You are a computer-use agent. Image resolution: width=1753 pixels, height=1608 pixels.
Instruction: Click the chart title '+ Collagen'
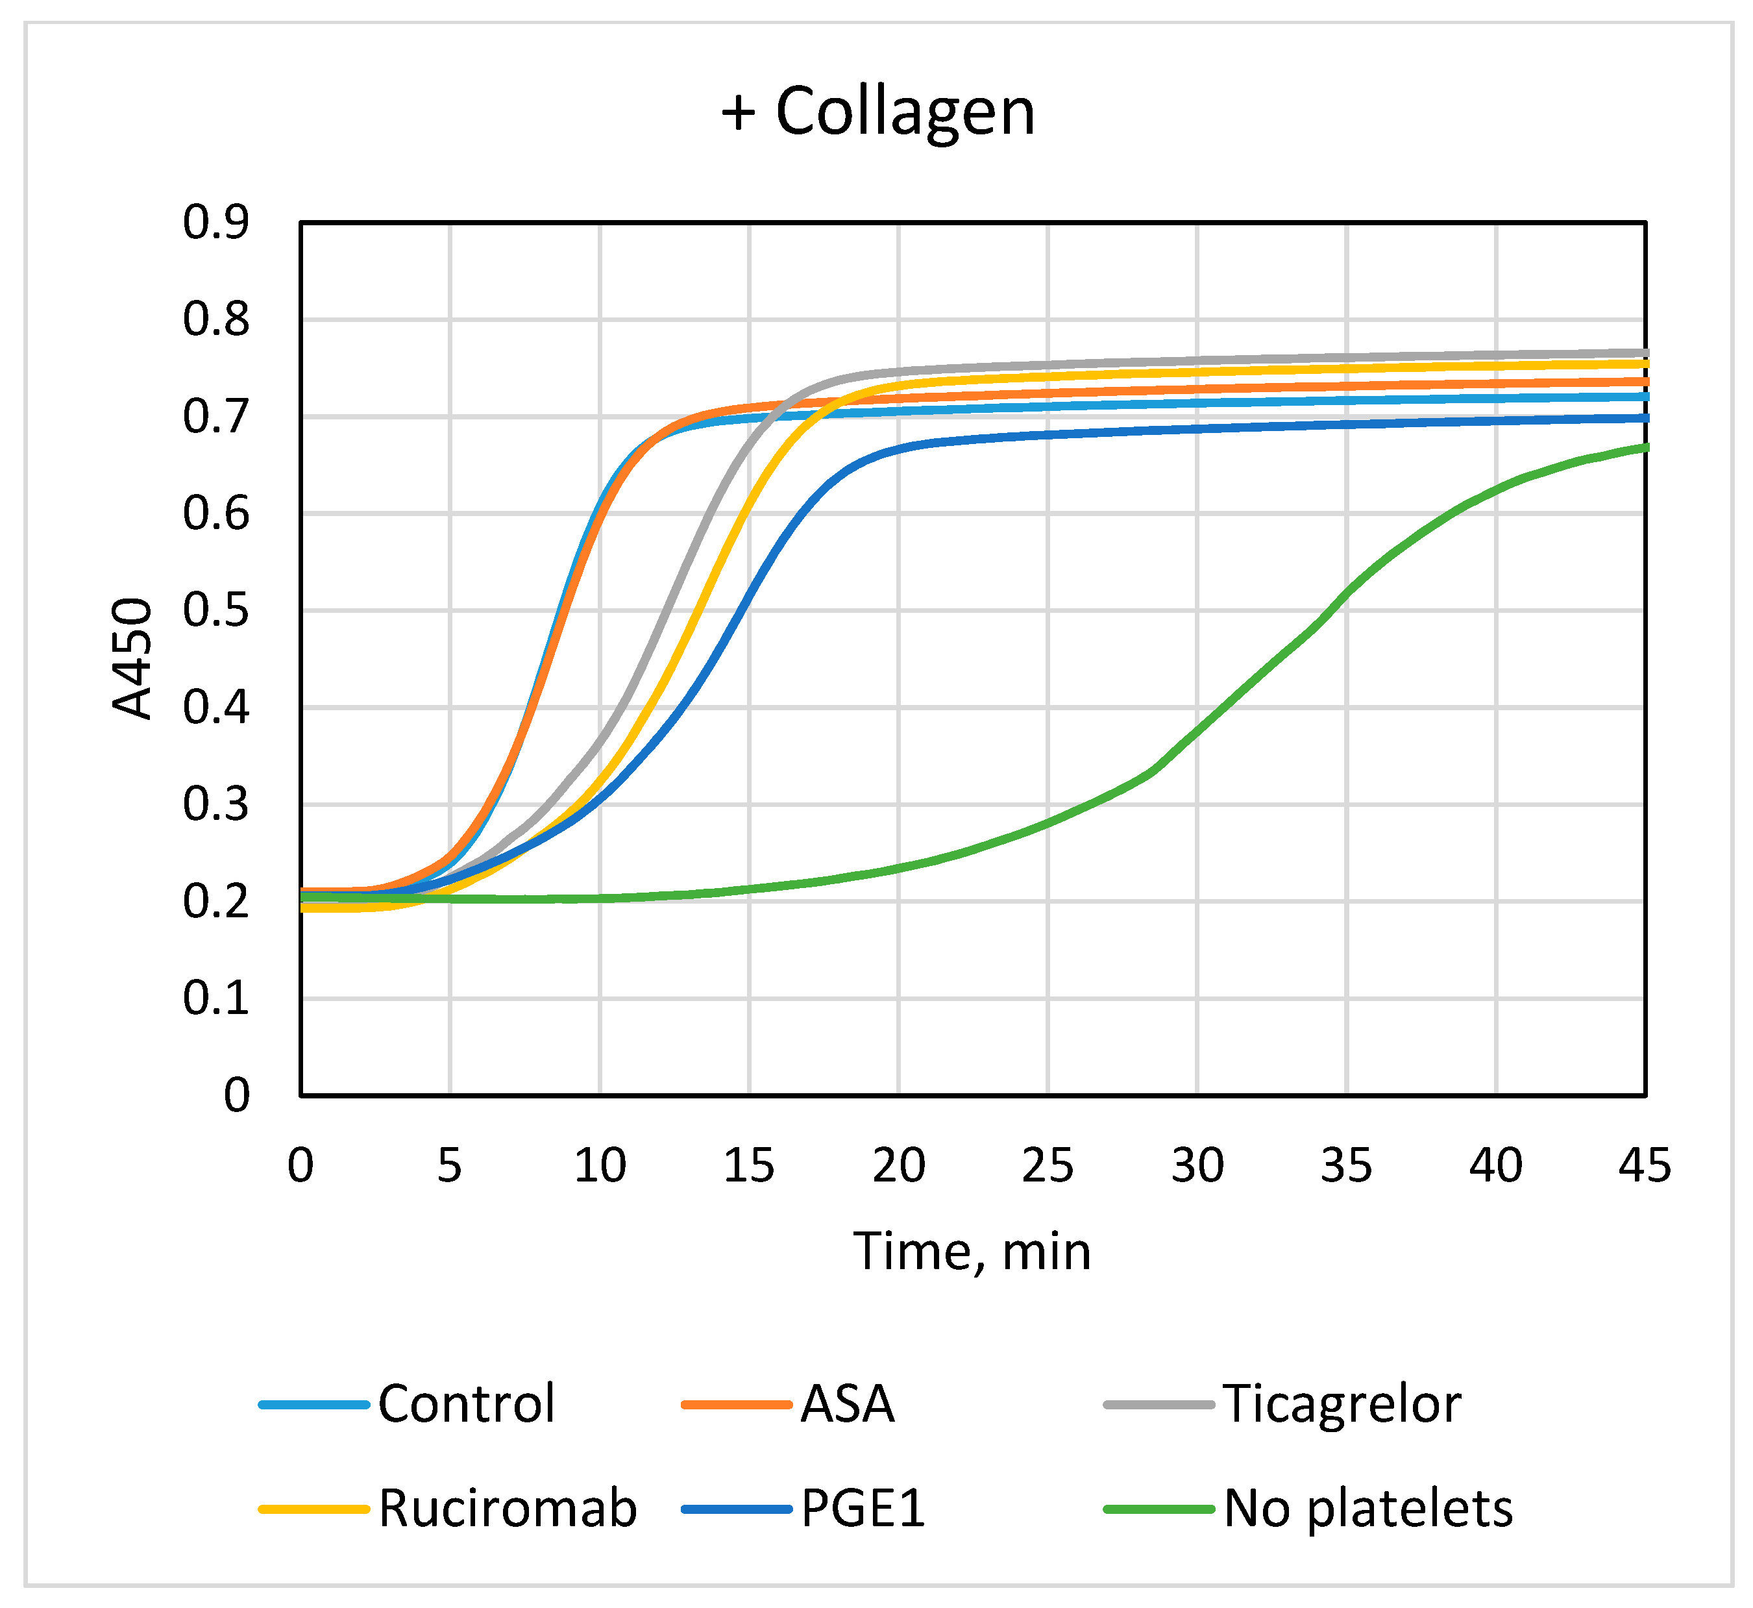point(878,112)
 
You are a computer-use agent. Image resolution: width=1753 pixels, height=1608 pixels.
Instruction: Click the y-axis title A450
point(133,659)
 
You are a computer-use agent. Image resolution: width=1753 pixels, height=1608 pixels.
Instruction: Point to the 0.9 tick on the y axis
point(215,223)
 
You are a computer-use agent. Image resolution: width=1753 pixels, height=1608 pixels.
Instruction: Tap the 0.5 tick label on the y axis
point(215,611)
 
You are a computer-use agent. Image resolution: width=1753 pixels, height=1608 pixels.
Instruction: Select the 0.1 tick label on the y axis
point(215,998)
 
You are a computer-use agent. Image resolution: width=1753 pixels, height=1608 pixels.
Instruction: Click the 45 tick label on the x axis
point(1644,1166)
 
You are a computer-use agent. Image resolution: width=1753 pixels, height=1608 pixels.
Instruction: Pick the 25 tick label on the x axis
point(1048,1166)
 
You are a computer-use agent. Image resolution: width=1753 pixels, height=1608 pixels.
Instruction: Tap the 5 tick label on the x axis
point(449,1166)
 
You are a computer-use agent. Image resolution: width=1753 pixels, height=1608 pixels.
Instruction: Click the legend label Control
point(466,1404)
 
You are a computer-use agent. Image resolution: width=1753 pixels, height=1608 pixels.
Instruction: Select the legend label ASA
point(848,1404)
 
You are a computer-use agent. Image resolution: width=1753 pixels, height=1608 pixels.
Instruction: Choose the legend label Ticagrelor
point(1342,1404)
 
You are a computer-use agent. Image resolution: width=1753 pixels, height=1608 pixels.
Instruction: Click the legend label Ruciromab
point(507,1508)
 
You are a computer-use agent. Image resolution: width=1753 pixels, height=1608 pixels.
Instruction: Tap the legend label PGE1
point(862,1508)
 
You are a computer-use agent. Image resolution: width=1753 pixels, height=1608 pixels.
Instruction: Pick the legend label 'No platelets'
point(1367,1508)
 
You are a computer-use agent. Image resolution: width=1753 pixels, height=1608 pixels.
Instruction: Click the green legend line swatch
point(1158,1509)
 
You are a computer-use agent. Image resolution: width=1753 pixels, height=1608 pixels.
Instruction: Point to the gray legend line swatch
point(1158,1404)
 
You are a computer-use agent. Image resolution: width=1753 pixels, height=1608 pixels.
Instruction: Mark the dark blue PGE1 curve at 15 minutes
point(749,591)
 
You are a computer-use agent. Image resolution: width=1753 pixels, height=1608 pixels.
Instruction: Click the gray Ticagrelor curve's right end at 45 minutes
point(1643,353)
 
